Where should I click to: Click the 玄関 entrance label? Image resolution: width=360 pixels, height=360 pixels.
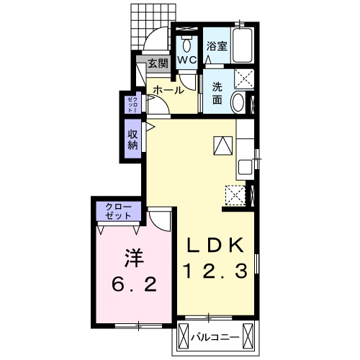158,63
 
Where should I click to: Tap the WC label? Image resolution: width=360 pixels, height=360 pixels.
187,60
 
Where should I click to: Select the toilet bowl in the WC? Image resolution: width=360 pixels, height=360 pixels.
186,45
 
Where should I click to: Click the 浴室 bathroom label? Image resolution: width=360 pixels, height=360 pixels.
217,46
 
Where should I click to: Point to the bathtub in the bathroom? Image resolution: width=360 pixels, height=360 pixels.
243,45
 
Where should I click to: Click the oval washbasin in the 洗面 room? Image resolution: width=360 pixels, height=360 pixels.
238,102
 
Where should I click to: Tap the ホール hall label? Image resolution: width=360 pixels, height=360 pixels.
168,91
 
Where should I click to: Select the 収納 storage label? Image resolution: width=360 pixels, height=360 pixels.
132,140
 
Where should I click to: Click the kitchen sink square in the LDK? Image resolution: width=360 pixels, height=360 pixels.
245,167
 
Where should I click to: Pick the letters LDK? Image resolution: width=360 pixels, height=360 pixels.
215,245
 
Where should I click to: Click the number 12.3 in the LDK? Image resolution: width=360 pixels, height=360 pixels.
215,271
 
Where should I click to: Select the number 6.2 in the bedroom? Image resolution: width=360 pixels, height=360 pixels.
134,284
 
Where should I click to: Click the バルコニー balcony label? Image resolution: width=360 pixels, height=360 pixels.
215,338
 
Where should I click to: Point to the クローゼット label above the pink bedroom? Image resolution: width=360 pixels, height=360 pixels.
119,211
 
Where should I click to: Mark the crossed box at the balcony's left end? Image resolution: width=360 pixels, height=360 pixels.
183,337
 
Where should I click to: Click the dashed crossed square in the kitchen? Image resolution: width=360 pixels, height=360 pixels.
235,195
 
